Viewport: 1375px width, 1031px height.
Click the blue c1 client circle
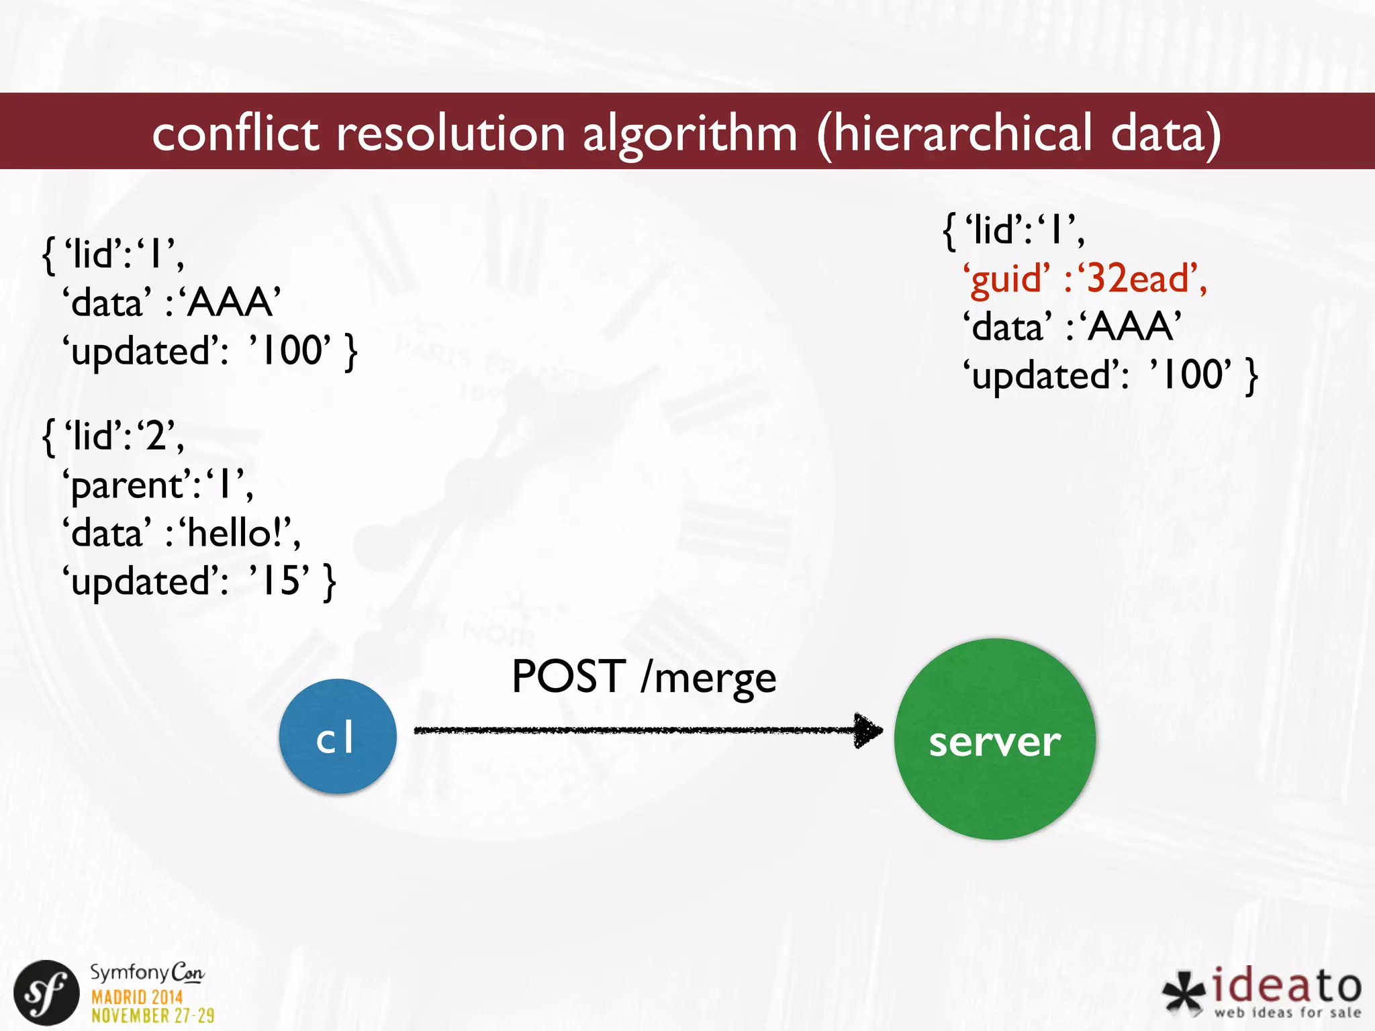(338, 736)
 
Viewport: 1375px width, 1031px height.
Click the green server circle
(994, 739)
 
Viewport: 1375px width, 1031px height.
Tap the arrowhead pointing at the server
(869, 730)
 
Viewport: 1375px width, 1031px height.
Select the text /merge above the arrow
(709, 678)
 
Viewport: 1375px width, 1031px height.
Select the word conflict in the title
(235, 132)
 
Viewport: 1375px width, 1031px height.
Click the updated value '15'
(281, 581)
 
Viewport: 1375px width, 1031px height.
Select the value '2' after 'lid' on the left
(157, 437)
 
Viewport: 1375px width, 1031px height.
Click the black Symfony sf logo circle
(46, 993)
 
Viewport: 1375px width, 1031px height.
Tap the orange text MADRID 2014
(137, 997)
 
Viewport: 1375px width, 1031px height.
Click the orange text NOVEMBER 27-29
(153, 1016)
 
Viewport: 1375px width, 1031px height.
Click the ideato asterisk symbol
(1184, 993)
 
